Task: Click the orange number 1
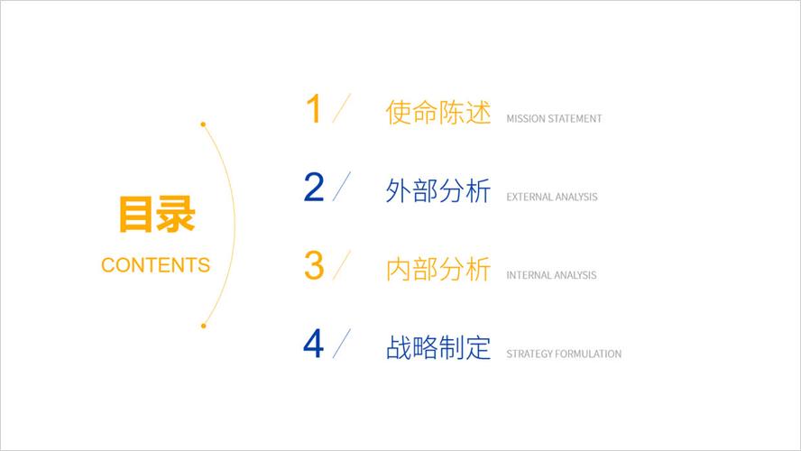pos(314,109)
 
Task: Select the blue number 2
pos(314,188)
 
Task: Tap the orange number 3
pos(314,265)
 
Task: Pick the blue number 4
pos(314,344)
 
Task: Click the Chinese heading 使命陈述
pos(437,113)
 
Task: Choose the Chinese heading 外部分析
pos(437,191)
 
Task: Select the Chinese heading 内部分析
pos(437,269)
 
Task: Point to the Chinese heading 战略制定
pos(437,347)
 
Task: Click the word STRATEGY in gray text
pos(529,354)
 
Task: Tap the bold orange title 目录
pos(156,216)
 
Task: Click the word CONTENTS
pos(156,265)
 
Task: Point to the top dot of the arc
pos(203,124)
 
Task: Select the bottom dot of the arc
pos(204,325)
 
